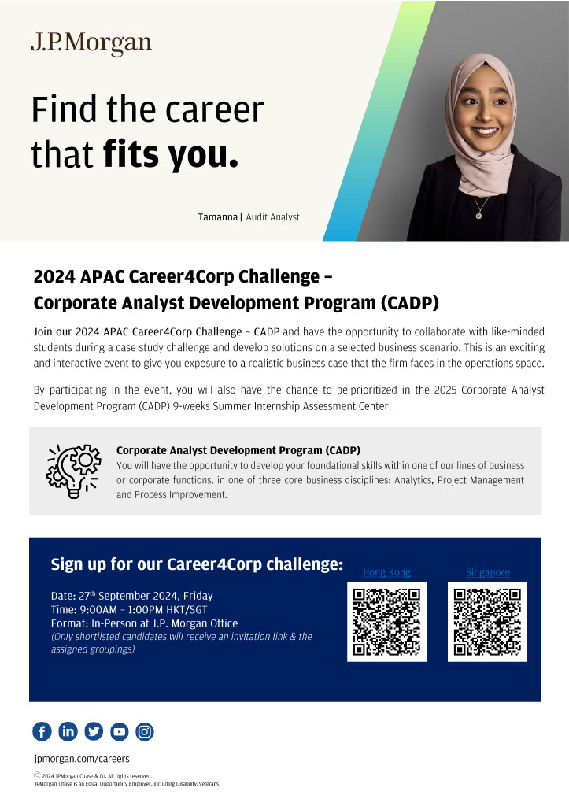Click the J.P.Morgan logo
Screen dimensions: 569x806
pyautogui.click(x=91, y=44)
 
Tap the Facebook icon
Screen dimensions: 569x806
pyautogui.click(x=42, y=731)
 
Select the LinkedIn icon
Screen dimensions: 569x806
pyautogui.click(x=68, y=731)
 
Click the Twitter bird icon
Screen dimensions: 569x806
pyautogui.click(x=94, y=731)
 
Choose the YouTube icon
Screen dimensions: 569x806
pyautogui.click(x=120, y=731)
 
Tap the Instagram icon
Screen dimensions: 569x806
pyautogui.click(x=145, y=731)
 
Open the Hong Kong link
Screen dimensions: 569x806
pyautogui.click(x=386, y=572)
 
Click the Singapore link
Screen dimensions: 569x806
pyautogui.click(x=488, y=572)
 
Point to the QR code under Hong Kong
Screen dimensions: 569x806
pyautogui.click(x=386, y=622)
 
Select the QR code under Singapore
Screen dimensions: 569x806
pyautogui.click(x=487, y=622)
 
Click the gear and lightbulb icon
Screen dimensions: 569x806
pyautogui.click(x=73, y=471)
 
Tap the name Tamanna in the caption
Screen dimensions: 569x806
pyautogui.click(x=218, y=217)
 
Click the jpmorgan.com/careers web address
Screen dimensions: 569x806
pyautogui.click(x=82, y=759)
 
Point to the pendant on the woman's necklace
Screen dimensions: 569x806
pyautogui.click(x=478, y=216)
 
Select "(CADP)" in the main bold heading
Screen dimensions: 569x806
pyautogui.click(x=410, y=303)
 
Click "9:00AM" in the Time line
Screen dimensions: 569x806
pyautogui.click(x=98, y=610)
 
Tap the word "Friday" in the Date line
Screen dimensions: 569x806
pyautogui.click(x=198, y=596)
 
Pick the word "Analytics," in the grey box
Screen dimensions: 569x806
pyautogui.click(x=414, y=480)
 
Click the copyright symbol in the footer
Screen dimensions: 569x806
pyautogui.click(x=37, y=775)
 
